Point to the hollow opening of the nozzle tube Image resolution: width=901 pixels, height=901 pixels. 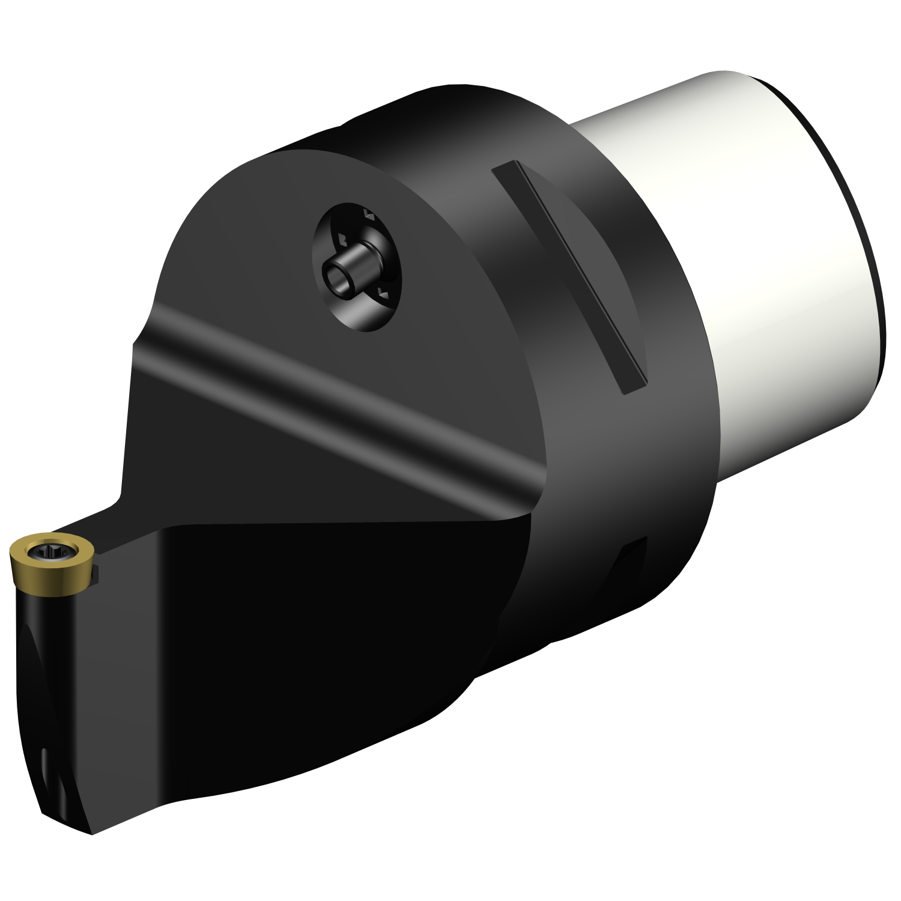(x=335, y=279)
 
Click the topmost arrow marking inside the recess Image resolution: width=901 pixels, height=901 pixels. (x=369, y=214)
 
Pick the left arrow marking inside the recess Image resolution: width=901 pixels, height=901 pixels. (x=341, y=240)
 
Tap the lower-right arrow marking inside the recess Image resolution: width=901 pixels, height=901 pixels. (x=382, y=293)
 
